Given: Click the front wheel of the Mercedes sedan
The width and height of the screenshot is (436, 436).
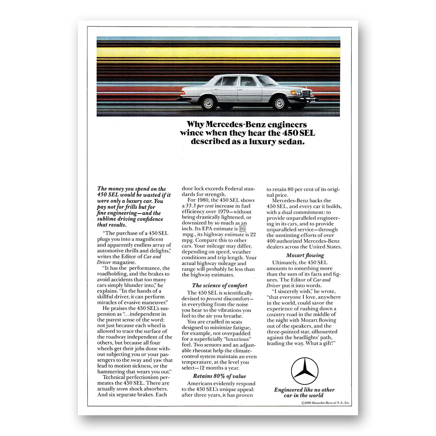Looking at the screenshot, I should click(x=279, y=103).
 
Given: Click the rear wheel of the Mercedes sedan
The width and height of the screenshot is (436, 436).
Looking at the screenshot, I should click(x=208, y=103).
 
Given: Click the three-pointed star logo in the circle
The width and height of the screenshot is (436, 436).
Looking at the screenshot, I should click(x=305, y=372).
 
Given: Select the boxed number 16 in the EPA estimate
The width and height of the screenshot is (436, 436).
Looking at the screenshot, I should click(x=243, y=229).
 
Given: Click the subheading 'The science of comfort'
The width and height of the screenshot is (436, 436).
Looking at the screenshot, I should click(x=219, y=286).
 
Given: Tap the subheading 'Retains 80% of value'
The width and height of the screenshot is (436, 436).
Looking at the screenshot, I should click(x=219, y=376).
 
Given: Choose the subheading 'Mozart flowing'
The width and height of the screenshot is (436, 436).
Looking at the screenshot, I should click(x=305, y=255).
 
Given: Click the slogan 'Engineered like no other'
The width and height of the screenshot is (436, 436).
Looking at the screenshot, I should click(x=304, y=390).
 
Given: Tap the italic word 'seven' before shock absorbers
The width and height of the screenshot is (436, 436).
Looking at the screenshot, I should click(x=122, y=389).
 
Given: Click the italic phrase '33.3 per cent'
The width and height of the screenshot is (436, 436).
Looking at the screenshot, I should click(x=200, y=206).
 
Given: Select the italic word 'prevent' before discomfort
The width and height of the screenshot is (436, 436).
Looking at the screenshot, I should click(x=214, y=299).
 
